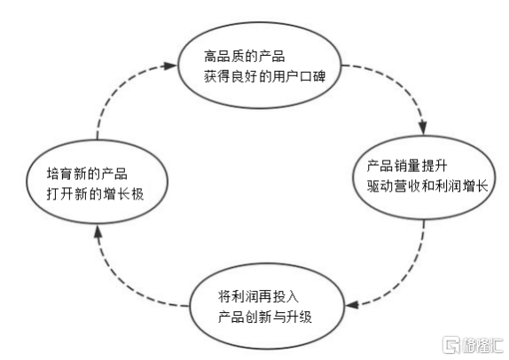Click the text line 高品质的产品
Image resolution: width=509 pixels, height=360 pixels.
(245, 57)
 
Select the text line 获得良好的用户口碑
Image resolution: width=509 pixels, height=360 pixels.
(264, 77)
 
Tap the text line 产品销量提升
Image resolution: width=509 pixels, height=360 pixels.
(407, 166)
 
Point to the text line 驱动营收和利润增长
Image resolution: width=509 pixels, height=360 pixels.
(427, 186)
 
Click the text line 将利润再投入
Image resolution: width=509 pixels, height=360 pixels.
(258, 296)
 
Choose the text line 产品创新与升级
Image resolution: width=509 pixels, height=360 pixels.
(265, 317)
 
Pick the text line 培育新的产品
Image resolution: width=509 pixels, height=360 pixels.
(87, 174)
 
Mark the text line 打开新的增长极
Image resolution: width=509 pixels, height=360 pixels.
(95, 194)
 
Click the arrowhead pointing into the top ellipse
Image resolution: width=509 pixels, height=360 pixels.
(169, 66)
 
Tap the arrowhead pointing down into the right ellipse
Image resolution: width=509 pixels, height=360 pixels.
(423, 128)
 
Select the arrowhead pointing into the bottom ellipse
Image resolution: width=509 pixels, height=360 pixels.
(352, 305)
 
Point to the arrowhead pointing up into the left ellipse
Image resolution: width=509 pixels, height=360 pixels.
(98, 231)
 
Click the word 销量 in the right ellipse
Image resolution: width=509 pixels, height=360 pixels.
(407, 166)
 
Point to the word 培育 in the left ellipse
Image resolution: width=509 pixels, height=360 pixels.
(59, 174)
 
